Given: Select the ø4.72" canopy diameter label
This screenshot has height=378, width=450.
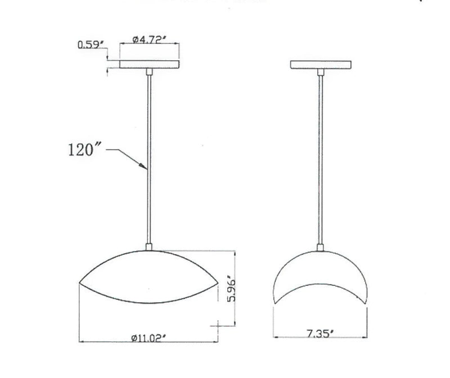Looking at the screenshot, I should (x=149, y=39).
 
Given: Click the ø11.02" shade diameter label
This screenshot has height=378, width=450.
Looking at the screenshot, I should (x=149, y=337).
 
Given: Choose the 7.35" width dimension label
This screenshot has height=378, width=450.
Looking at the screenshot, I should (x=321, y=333).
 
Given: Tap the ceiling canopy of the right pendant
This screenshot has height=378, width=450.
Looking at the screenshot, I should (x=321, y=64).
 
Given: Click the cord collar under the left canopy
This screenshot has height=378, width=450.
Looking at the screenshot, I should (x=149, y=71).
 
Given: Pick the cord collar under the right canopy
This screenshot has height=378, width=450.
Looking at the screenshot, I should (x=321, y=71).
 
